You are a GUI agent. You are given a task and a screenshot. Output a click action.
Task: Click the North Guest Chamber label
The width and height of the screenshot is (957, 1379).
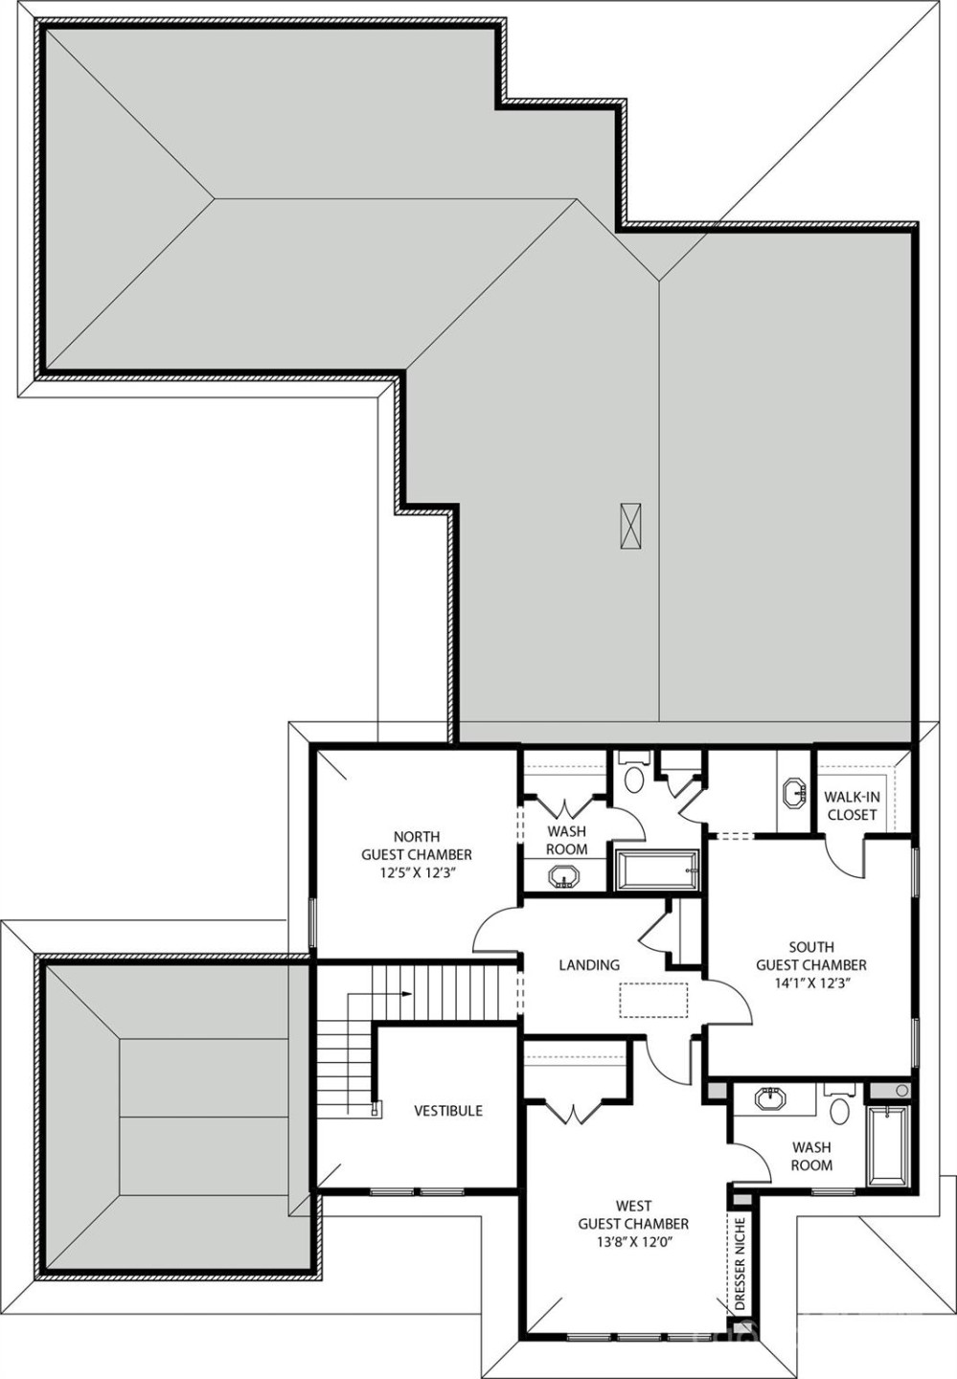tap(416, 846)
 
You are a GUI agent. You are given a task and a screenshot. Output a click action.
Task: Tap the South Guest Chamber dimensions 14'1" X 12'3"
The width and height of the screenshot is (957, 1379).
tap(810, 983)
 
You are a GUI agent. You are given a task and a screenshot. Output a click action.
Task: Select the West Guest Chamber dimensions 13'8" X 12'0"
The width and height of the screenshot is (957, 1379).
tap(633, 1241)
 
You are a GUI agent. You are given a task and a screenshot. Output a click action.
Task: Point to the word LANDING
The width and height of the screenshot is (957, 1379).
tap(589, 965)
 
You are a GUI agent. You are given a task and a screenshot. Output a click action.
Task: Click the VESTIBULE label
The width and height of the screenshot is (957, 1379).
tap(448, 1111)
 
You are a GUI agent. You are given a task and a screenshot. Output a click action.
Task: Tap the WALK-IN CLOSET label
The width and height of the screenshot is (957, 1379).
tap(851, 805)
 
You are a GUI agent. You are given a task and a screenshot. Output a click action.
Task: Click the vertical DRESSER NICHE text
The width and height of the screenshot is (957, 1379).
tap(740, 1263)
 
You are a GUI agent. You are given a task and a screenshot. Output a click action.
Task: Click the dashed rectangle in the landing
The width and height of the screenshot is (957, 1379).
tap(653, 1000)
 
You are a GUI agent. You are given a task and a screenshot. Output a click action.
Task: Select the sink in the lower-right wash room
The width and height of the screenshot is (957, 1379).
tap(772, 1098)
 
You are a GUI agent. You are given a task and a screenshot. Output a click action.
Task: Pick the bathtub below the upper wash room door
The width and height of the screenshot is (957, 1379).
tap(658, 870)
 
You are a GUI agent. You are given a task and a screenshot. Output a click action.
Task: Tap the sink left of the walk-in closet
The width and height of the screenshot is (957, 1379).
tap(794, 794)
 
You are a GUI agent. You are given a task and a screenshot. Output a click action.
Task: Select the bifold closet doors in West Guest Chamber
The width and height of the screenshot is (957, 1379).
tap(573, 1112)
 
